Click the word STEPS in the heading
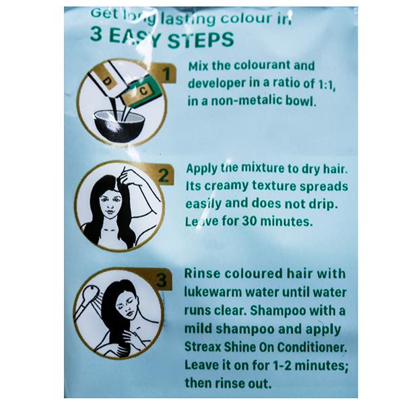201,40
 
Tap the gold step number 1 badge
166,73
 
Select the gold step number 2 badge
163,174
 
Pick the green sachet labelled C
141,91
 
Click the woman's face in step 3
127,304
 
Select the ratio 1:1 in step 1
327,84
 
